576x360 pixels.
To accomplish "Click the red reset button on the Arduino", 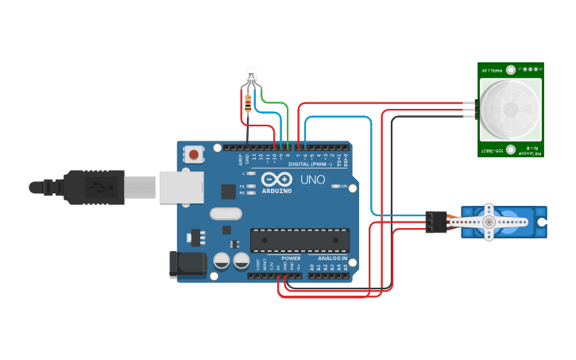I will pyautogui.click(x=193, y=154).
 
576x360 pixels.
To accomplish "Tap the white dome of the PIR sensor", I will pyautogui.click(x=509, y=108).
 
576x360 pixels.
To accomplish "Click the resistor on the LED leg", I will pyautogui.click(x=249, y=101).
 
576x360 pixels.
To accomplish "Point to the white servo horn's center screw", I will pyautogui.click(x=489, y=222).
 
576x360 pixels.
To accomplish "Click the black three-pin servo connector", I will pyautogui.click(x=434, y=222).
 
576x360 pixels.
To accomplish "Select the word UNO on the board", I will pyautogui.click(x=312, y=180).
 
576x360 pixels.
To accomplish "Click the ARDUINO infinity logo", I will pyautogui.click(x=277, y=178).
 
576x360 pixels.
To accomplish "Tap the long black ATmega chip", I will pyautogui.click(x=300, y=240).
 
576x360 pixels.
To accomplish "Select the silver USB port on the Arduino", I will pyautogui.click(x=180, y=188).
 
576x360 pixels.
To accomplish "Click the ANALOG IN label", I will pyautogui.click(x=332, y=258).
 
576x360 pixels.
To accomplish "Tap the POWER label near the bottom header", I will pyautogui.click(x=291, y=258).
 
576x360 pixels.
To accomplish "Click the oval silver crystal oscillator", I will pyautogui.click(x=226, y=213).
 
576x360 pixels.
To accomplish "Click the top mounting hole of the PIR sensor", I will pyautogui.click(x=509, y=69).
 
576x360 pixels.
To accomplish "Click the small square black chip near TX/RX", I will pyautogui.click(x=228, y=191).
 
